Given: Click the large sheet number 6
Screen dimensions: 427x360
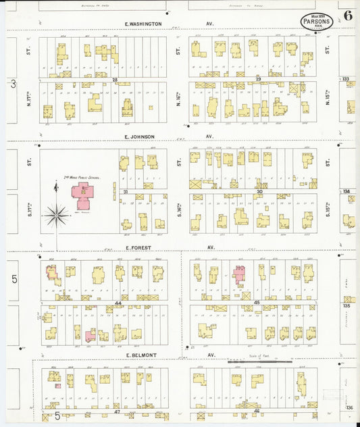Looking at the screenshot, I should (x=347, y=16).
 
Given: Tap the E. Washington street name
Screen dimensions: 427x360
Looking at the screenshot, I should (x=143, y=24).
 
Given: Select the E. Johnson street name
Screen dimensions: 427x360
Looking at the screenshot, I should (x=140, y=136).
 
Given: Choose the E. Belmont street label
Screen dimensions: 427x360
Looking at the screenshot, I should (x=141, y=355).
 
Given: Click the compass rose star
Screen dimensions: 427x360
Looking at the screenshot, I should (x=57, y=216).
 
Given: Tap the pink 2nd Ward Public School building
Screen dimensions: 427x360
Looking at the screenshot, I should (x=83, y=193).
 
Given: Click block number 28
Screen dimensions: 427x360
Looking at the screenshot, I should (x=115, y=80).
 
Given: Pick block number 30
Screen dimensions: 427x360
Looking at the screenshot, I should (x=259, y=192).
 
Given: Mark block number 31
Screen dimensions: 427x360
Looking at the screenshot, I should (x=126, y=192).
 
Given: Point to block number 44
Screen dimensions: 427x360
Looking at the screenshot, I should (x=118, y=303).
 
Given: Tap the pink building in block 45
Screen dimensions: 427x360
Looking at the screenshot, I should (x=239, y=274).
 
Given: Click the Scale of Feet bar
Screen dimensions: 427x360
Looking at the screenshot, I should (x=259, y=362).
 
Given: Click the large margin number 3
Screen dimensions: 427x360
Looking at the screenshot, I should (x=13, y=84).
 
